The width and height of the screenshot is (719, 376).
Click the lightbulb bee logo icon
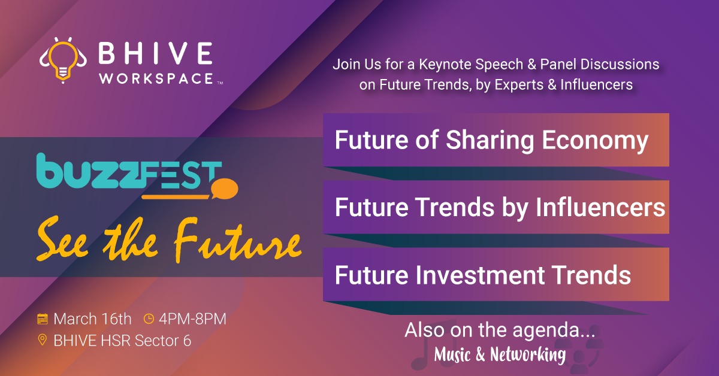pos(63,60)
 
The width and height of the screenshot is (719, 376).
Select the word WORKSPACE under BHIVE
pos(156,78)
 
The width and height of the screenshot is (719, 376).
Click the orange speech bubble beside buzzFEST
pos(225,189)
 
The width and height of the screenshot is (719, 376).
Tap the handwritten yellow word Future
pos(238,241)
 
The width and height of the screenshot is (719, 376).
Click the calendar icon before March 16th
pos(43,319)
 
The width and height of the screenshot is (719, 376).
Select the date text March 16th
pos(92,319)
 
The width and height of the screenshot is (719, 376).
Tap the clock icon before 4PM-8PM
pos(149,319)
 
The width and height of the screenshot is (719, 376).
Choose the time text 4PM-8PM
pos(192,319)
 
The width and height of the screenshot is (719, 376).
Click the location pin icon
pos(43,339)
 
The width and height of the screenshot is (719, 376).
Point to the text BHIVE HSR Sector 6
pos(122,341)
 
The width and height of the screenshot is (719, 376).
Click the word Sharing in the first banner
pos(490,141)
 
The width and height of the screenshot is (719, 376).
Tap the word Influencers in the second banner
pos(600,207)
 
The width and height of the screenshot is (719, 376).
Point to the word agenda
pos(554,330)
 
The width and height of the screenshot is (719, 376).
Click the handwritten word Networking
pos(528,354)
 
